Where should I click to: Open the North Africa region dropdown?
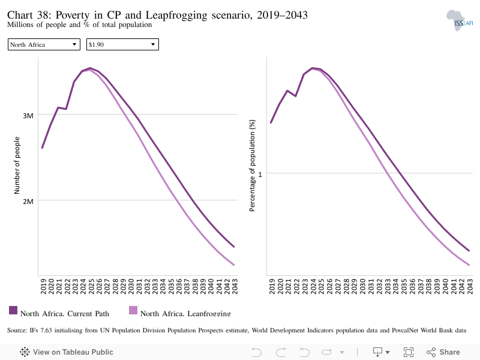44,44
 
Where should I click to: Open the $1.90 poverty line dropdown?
122,44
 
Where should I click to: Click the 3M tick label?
28,116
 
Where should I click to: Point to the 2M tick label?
28,202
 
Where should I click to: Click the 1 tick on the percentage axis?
260,175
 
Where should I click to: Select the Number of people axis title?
17,166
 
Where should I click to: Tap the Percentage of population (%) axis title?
252,166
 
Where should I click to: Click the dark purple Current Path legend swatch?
13,310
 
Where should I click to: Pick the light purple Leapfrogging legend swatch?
133,310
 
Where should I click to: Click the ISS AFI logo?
460,21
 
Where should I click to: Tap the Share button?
443,352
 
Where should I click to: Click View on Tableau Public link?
67,352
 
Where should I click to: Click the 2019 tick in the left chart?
43,286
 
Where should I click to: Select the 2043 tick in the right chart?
470,286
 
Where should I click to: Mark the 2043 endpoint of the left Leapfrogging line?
234,265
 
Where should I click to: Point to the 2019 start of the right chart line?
271,122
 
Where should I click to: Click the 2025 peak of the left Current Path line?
90,68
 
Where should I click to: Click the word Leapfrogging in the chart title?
176,15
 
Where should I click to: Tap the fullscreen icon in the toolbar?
409,352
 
